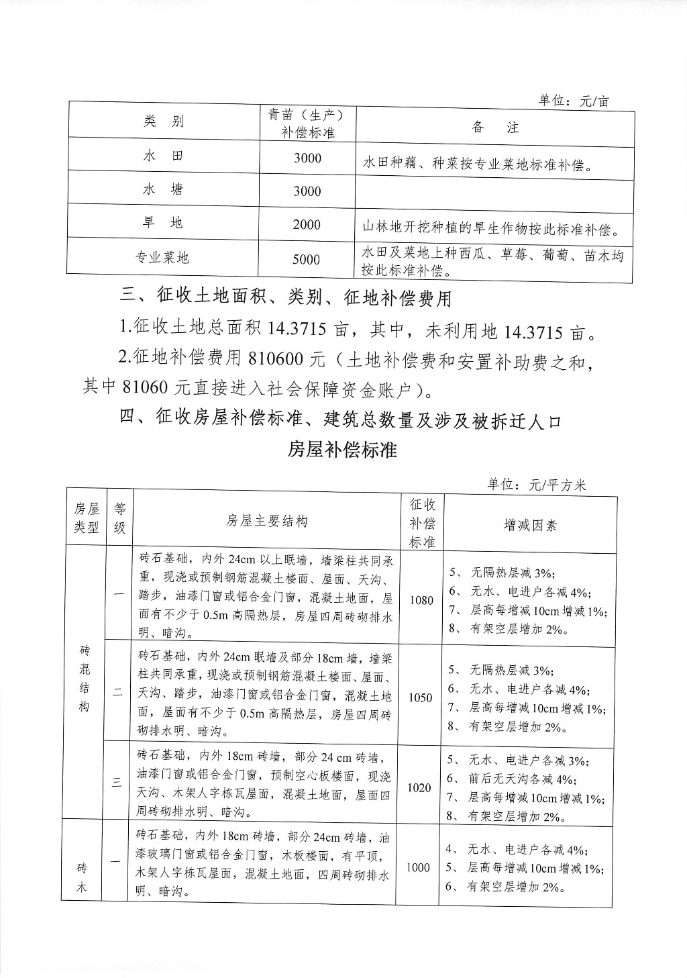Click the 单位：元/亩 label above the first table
(574, 101)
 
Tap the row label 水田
(163, 156)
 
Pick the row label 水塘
(163, 190)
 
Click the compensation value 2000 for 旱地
(307, 225)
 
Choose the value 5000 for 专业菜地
(307, 259)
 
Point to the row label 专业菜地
(163, 258)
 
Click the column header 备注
(495, 127)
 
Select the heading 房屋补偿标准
(343, 450)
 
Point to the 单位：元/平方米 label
(537, 485)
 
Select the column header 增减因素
(530, 525)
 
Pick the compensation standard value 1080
(421, 600)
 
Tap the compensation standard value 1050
(420, 697)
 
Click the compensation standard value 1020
(419, 787)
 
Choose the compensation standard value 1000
(418, 867)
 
